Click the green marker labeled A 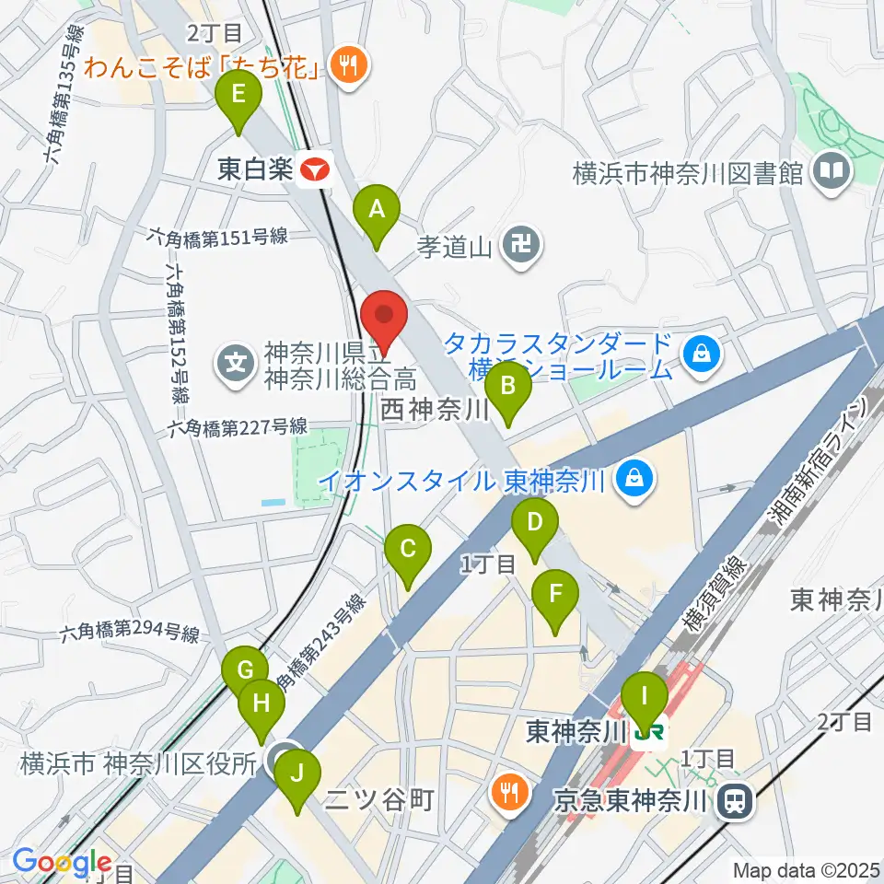point(376,212)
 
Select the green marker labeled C point(408,551)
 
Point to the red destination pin point(383,318)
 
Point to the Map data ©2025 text point(805,869)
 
